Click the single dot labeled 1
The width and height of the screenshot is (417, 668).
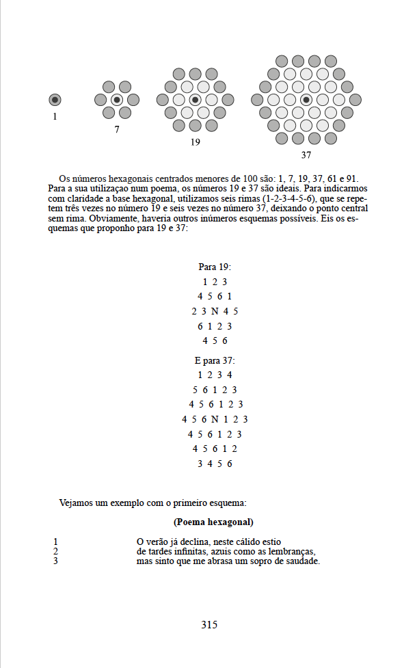click(x=55, y=100)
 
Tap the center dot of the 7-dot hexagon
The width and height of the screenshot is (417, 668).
click(x=117, y=100)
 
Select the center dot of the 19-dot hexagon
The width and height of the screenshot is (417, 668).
click(x=196, y=100)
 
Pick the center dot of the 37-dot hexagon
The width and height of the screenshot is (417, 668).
click(x=306, y=100)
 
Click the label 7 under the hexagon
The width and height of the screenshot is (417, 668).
click(x=117, y=129)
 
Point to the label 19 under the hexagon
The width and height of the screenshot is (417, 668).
click(x=196, y=142)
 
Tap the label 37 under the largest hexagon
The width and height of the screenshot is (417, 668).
click(x=306, y=155)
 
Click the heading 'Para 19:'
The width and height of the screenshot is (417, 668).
click(x=215, y=267)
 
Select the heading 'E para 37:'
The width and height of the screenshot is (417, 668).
click(x=215, y=360)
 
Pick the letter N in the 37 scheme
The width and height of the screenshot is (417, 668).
click(x=215, y=419)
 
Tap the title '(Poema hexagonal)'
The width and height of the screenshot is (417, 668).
click(x=214, y=522)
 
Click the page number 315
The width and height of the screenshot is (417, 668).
click(x=209, y=624)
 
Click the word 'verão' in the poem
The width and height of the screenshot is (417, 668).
click(x=159, y=542)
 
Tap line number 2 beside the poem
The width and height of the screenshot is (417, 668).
click(x=55, y=552)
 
